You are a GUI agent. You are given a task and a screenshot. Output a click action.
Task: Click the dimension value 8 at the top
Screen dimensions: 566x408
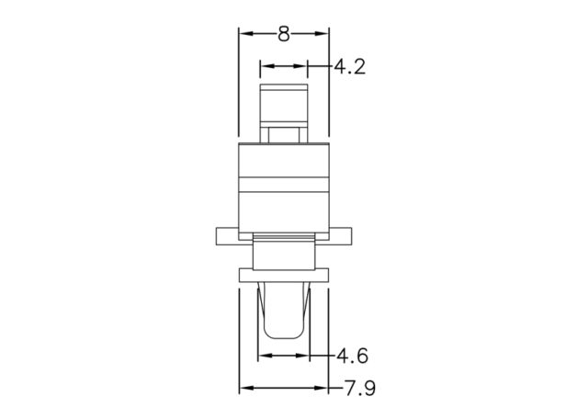(x=284, y=34)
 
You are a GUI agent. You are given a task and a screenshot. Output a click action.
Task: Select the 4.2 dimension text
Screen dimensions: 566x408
(x=349, y=67)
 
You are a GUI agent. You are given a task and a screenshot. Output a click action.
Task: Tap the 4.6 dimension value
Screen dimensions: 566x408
(x=352, y=356)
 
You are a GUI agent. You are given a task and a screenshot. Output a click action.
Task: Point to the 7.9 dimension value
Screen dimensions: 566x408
(x=360, y=389)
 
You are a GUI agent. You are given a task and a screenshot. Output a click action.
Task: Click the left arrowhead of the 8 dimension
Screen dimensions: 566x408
(x=245, y=34)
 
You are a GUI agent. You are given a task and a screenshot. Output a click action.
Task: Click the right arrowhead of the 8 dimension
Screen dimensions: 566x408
(x=322, y=34)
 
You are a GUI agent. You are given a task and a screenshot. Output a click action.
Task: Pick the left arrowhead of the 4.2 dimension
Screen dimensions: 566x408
(x=266, y=66)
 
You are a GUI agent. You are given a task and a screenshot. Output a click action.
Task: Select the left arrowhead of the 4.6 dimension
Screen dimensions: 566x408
(x=265, y=356)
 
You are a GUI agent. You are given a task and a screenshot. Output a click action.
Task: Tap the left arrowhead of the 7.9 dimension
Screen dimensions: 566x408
(x=246, y=388)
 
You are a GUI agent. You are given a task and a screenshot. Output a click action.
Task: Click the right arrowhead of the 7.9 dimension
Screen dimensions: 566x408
(x=322, y=388)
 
